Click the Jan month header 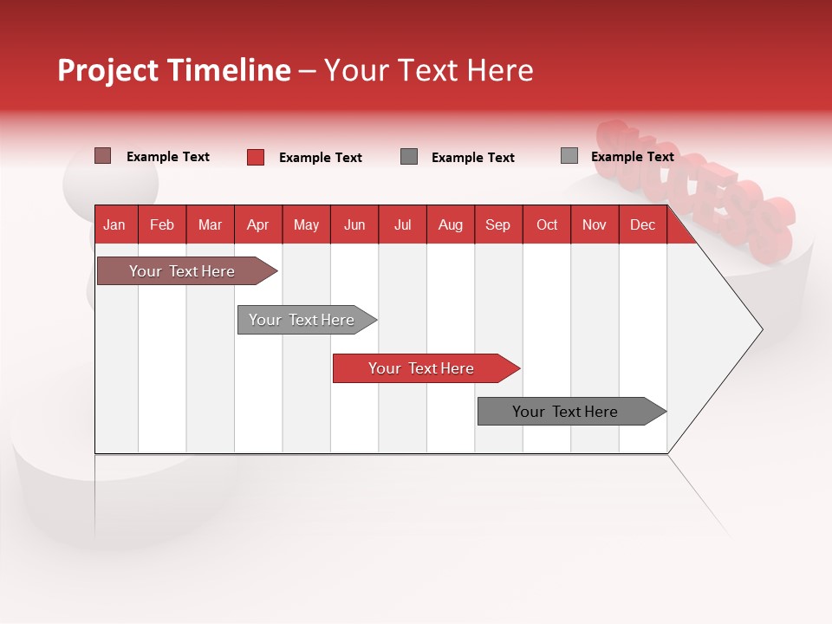tap(114, 224)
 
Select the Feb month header tap(162, 224)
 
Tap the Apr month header tap(257, 224)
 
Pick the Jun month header tap(354, 224)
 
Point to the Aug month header tap(450, 224)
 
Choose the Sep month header tap(497, 224)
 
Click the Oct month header tap(547, 224)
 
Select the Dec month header tap(642, 224)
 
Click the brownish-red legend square tap(102, 156)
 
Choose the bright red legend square tap(256, 157)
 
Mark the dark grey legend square tap(409, 157)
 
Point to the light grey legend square tap(569, 156)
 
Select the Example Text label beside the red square tap(320, 158)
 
